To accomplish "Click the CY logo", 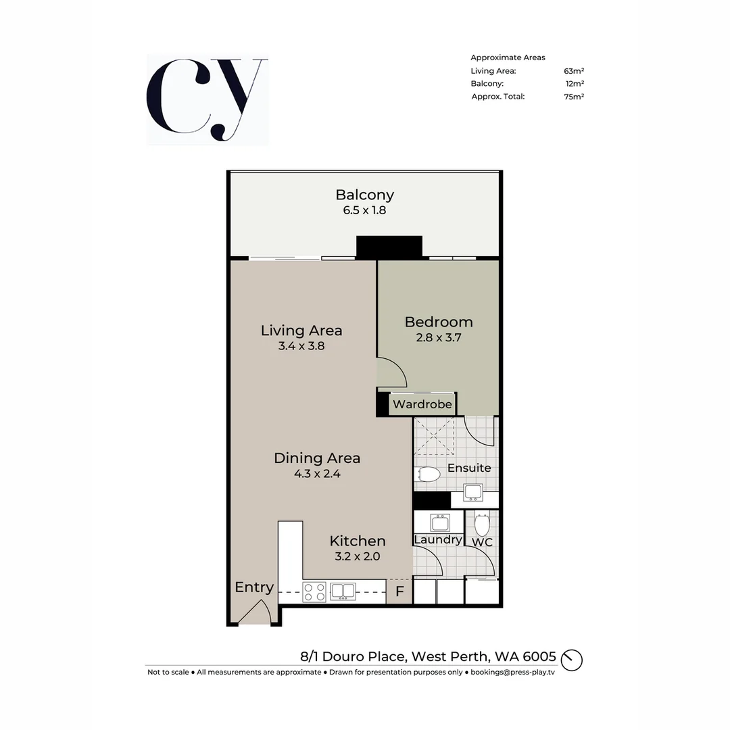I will click(207, 100).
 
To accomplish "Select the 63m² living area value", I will click(573, 71).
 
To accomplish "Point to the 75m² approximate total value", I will click(573, 97).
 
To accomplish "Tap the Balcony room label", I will click(364, 195).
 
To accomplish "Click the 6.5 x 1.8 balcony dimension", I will click(364, 210).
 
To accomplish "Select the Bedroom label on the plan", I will click(438, 322).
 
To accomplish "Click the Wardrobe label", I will click(422, 404).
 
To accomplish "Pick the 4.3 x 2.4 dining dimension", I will click(316, 474).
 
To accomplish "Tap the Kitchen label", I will click(357, 541).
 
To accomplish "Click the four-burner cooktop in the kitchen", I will click(314, 592).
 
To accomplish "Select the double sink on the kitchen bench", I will click(343, 591).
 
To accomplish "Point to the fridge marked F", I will click(399, 592).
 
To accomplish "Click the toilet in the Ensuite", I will click(427, 475).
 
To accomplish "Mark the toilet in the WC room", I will click(482, 525).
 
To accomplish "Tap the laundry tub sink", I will click(440, 522).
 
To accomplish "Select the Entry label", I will click(253, 587).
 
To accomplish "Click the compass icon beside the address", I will click(572, 659).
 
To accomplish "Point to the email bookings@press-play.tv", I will click(512, 672).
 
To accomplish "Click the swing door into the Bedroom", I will click(391, 373).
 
